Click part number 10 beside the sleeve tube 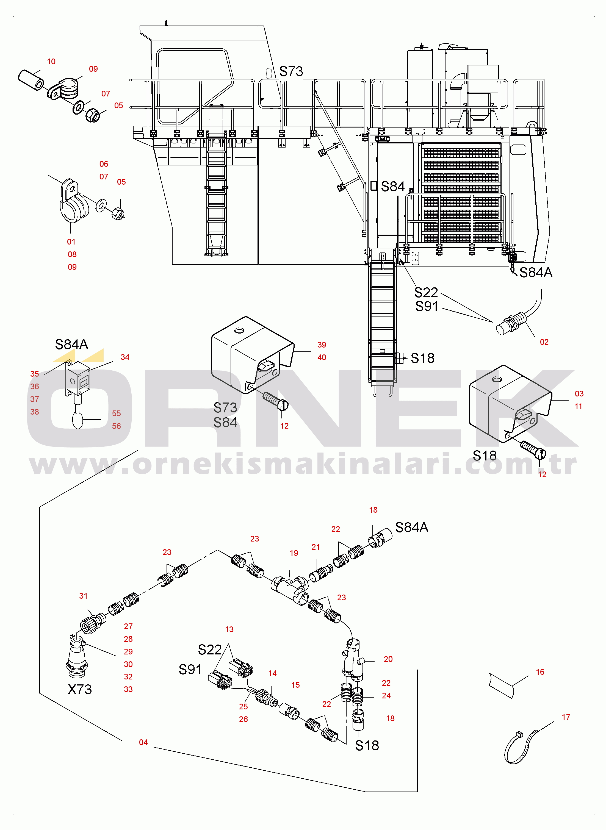coord(51,62)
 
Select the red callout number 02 coord(544,342)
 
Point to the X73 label coord(80,690)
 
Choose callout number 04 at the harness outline coord(143,742)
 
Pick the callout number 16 coord(540,672)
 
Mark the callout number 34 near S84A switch coord(125,357)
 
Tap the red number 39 coord(322,345)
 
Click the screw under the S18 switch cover coord(533,449)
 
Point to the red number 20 coord(388,659)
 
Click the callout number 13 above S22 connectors coord(229,629)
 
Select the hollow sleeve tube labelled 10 coord(31,80)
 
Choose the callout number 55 coord(116,413)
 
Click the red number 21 coord(316,547)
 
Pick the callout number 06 coord(104,164)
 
